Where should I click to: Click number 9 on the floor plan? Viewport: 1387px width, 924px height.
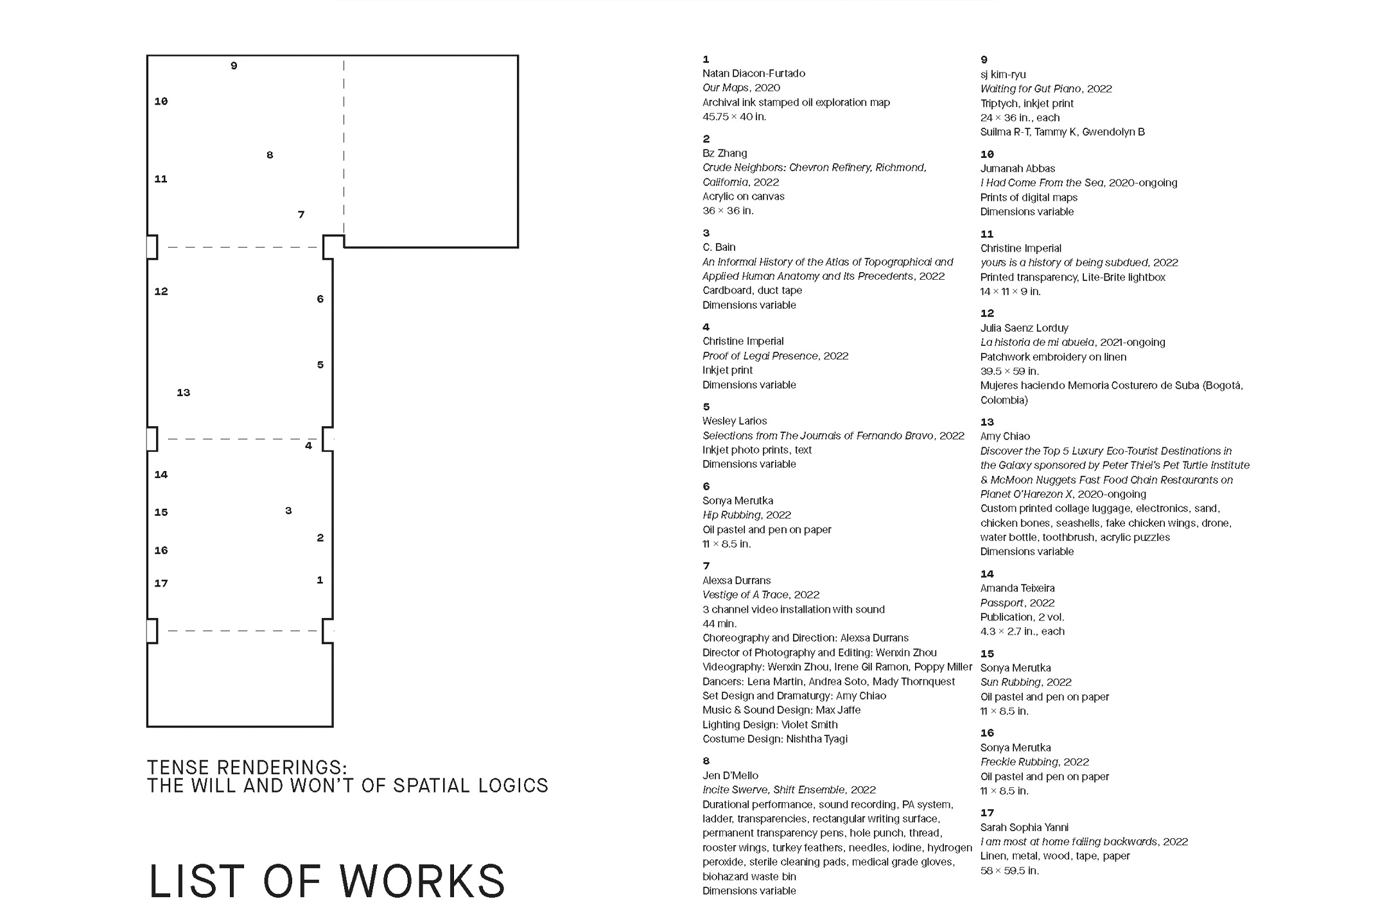tap(234, 65)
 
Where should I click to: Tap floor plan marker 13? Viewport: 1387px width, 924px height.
tap(184, 393)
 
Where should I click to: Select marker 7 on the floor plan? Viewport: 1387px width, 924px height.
tap(301, 214)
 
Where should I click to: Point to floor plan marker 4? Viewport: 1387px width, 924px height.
tap(309, 445)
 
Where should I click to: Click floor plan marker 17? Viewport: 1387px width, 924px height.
tap(161, 583)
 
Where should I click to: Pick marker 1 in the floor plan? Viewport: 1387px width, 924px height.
tap(320, 580)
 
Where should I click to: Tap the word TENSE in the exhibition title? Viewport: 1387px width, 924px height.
tap(178, 767)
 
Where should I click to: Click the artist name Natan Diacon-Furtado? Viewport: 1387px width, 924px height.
tap(753, 74)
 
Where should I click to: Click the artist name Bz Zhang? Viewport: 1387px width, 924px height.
tap(724, 153)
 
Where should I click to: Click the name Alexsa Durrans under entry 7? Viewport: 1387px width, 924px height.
tap(736, 581)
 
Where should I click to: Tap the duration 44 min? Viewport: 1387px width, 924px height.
tap(719, 624)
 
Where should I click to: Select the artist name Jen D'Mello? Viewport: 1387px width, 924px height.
tap(730, 776)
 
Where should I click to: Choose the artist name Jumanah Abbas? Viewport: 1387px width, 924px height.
tap(1017, 169)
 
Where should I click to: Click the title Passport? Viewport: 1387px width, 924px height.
tap(1002, 603)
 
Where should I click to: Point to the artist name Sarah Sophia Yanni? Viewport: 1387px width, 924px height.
tap(1024, 828)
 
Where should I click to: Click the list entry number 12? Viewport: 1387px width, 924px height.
tap(987, 314)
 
